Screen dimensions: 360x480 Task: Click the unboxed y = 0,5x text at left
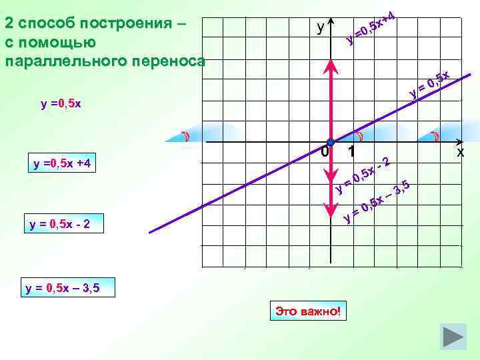point(61,103)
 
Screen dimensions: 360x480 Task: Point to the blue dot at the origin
point(330,143)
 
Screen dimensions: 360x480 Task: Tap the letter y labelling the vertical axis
point(321,27)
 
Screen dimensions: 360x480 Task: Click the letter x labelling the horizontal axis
point(459,153)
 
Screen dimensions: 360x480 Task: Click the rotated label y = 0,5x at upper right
point(431,83)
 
